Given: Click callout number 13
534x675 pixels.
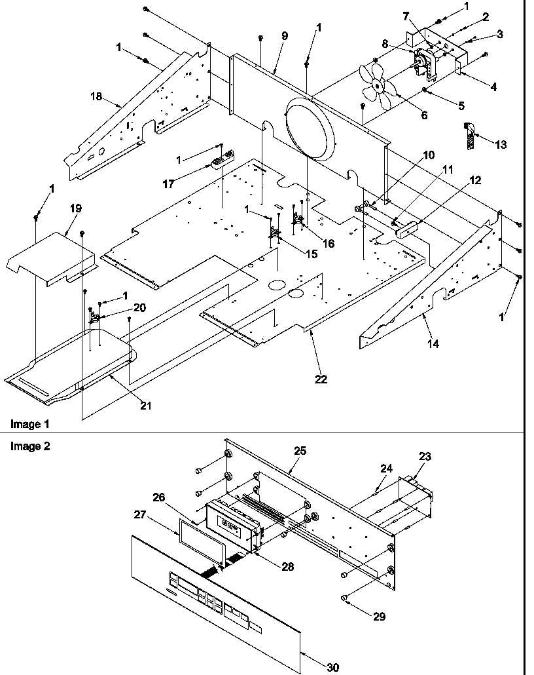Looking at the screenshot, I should [x=501, y=145].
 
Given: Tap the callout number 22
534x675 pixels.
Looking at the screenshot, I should [x=321, y=379].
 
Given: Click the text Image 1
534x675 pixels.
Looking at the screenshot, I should [x=29, y=425].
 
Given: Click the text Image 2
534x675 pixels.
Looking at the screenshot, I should [x=29, y=446].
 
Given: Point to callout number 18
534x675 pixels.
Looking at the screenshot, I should [x=96, y=96].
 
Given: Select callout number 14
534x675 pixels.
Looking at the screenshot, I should [x=434, y=343].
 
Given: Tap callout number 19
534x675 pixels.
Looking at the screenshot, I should [x=76, y=208].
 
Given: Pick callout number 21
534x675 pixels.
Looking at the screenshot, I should [x=145, y=406].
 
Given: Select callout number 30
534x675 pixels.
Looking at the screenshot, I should [x=333, y=667].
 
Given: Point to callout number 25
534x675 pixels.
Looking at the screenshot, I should [x=300, y=452].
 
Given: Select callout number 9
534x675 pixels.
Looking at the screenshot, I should [x=285, y=37].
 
